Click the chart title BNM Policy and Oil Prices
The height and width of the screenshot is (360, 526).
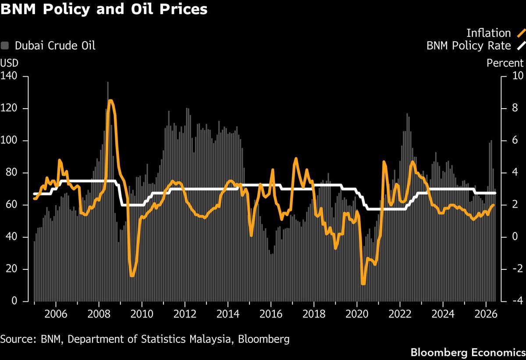104,9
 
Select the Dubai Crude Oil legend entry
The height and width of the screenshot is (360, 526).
48,46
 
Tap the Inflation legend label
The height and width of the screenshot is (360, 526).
488,33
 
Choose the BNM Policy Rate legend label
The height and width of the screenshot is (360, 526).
469,46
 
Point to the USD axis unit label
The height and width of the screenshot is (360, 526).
9,63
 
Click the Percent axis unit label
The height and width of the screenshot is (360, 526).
505,63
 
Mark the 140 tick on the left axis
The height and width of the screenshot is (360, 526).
9,76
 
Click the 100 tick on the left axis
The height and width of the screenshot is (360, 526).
9,140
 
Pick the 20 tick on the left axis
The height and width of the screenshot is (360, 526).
12,269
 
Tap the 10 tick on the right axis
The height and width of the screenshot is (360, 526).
518,76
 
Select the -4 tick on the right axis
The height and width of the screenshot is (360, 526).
518,300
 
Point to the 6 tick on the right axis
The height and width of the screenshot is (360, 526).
515,140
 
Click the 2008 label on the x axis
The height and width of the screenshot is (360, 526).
99,314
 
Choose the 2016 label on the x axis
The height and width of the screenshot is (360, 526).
271,314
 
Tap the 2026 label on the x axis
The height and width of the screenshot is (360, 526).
486,314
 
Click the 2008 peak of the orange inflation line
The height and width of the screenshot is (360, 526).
110,101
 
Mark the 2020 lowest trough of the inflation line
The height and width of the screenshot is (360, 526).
363,284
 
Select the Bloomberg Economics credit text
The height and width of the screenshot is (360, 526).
468,353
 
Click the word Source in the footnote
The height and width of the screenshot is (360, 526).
18,339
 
